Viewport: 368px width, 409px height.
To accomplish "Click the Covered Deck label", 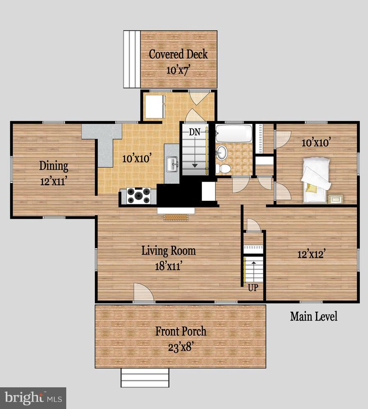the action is tap(178, 54).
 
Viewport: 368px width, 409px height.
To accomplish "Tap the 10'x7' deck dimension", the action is tap(177, 70).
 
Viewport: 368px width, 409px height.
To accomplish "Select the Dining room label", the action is tap(54, 166).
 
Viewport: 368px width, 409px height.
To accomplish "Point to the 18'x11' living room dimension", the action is tap(168, 266).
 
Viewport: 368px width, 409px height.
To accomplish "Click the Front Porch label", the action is tap(181, 331).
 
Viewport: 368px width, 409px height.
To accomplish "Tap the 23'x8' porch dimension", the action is tap(181, 347).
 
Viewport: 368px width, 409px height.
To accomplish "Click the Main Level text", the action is tap(314, 317).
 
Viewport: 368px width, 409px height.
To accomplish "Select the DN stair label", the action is tap(195, 132).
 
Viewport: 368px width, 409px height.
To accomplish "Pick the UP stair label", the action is tap(253, 288).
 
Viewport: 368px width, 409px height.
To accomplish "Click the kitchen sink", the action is tap(172, 164).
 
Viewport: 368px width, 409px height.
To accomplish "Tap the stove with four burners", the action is tap(139, 196).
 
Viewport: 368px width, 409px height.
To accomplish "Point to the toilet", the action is tap(224, 169).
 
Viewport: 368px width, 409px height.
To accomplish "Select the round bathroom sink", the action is tap(222, 152).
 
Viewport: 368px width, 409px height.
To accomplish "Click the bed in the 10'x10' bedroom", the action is tap(316, 180).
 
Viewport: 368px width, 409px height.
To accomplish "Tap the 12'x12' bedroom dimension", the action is tap(311, 254).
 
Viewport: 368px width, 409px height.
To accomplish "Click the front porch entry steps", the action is tap(145, 378).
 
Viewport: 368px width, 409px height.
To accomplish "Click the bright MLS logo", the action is tap(33, 398).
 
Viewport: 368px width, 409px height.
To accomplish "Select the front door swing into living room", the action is tap(144, 293).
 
